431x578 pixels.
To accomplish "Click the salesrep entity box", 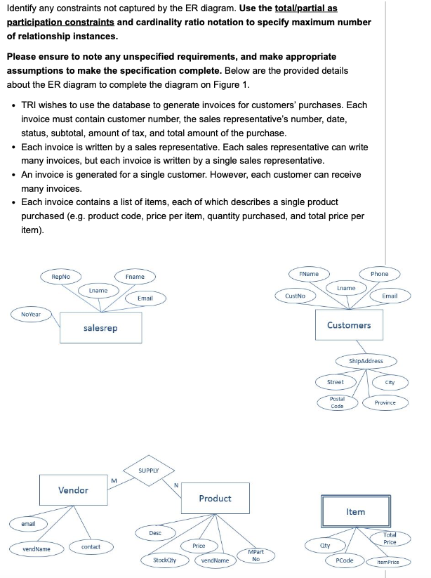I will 100,328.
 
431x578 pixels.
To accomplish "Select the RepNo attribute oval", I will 60,277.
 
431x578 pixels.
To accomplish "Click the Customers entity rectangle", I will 349,324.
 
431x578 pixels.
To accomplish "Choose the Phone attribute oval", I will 380,273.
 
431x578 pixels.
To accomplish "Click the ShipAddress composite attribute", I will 366,361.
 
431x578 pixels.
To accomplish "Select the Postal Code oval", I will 337,403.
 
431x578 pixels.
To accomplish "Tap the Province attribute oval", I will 385,402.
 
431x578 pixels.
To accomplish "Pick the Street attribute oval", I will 336,382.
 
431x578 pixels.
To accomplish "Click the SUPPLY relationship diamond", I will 148,470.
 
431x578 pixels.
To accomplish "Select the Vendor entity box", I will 73,490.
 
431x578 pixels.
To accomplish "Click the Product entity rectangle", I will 215,498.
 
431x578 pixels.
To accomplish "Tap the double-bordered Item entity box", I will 355,511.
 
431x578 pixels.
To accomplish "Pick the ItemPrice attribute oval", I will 387,562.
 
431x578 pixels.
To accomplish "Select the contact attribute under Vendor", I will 91,546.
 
